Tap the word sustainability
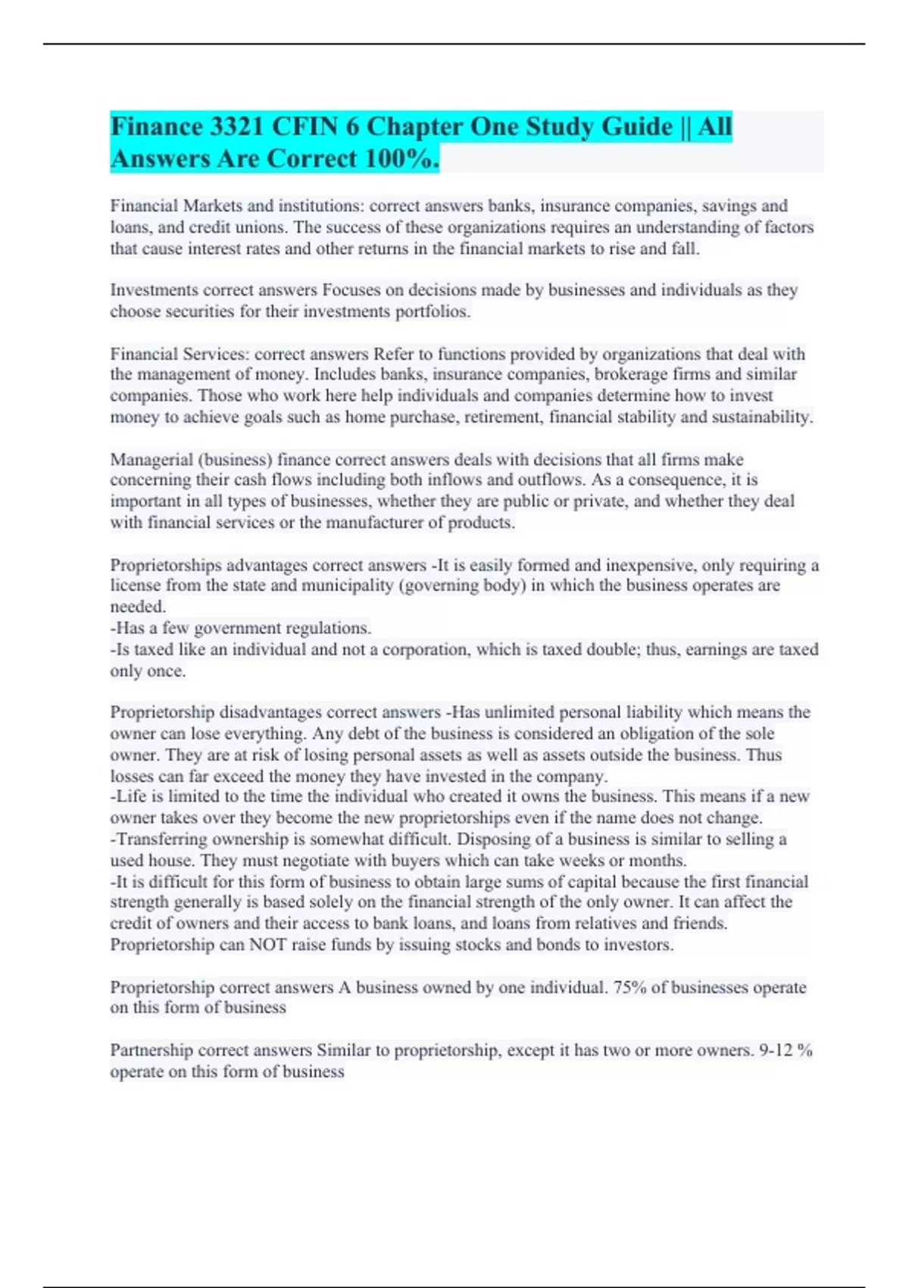(x=761, y=417)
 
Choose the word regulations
(x=322, y=628)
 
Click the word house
(x=175, y=861)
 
